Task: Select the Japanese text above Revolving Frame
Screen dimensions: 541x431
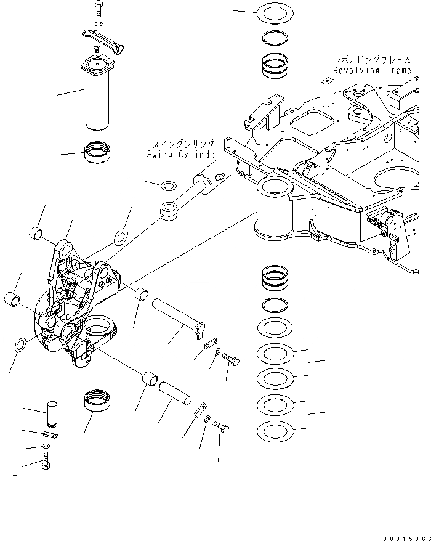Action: [x=372, y=60]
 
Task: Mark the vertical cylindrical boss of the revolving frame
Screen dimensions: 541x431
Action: [x=275, y=209]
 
